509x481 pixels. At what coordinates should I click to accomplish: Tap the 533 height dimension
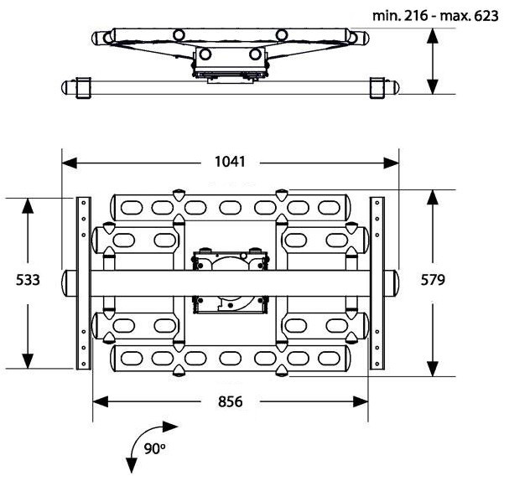29,281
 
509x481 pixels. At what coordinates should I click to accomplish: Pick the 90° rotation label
154,448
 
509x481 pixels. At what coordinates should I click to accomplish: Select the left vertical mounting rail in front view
83,282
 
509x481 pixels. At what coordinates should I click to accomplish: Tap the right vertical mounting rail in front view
377,282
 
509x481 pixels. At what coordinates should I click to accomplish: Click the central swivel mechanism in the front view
230,281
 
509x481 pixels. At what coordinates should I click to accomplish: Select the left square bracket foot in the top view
82,88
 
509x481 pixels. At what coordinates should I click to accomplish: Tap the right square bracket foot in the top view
379,88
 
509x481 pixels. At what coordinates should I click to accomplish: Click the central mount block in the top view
229,63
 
